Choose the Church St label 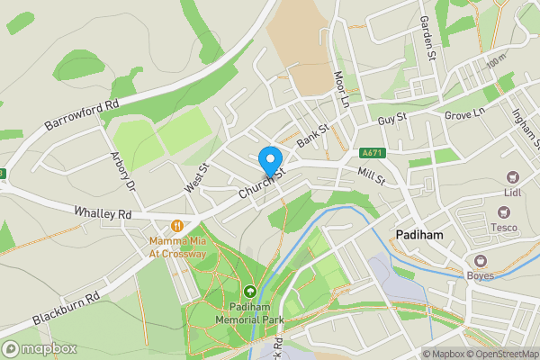pos(261,183)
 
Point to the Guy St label pos(392,118)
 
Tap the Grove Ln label pos(464,115)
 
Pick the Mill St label pos(371,174)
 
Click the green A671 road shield pos(371,154)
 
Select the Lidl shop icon pos(513,178)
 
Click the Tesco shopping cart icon pos(503,212)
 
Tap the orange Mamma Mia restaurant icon pos(178,225)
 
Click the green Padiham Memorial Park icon pos(249,291)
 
